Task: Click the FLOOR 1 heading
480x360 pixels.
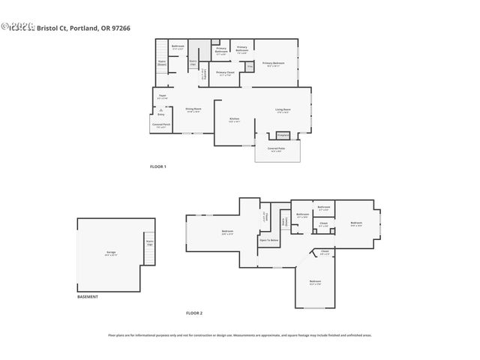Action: click(158, 166)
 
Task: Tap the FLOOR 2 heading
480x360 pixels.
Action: click(194, 313)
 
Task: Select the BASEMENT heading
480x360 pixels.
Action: click(88, 297)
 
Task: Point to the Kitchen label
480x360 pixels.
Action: click(233, 119)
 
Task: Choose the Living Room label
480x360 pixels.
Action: click(283, 110)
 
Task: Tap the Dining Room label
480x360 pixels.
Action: click(193, 109)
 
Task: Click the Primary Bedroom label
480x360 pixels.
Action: click(272, 64)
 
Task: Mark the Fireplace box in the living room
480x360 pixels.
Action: click(283, 135)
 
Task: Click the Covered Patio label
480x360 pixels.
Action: click(276, 149)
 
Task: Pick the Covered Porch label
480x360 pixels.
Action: click(160, 125)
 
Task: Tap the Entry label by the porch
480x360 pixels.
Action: click(160, 114)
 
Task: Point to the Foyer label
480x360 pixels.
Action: click(162, 96)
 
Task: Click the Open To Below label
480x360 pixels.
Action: click(269, 241)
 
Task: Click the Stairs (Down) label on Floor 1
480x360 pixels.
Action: click(162, 64)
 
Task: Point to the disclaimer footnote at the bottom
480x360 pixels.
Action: click(239, 335)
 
